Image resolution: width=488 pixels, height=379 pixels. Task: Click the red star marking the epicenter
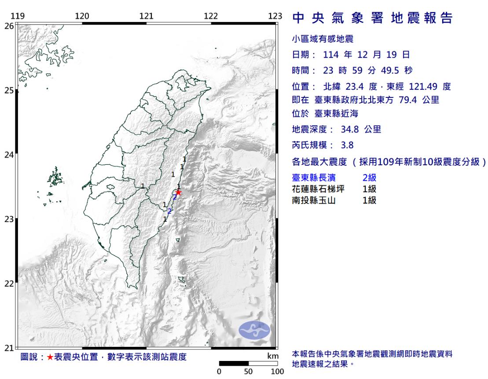(179, 192)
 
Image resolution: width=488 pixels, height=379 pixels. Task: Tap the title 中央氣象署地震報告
(372, 19)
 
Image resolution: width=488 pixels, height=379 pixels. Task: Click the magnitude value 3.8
(347, 145)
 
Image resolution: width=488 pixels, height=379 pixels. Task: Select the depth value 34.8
(349, 130)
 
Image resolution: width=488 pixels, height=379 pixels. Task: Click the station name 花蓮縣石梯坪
(318, 189)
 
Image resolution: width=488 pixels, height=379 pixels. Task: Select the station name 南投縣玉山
(314, 201)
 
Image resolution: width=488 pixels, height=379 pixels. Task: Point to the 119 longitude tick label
(18, 17)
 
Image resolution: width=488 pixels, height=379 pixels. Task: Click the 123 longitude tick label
(275, 17)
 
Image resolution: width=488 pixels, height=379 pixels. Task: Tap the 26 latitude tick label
(9, 26)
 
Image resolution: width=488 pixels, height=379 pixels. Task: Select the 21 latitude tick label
(9, 348)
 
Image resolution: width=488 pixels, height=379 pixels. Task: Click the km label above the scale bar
(273, 356)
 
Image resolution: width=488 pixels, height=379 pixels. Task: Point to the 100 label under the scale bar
(277, 372)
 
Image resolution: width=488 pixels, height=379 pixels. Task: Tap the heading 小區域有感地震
(323, 39)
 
